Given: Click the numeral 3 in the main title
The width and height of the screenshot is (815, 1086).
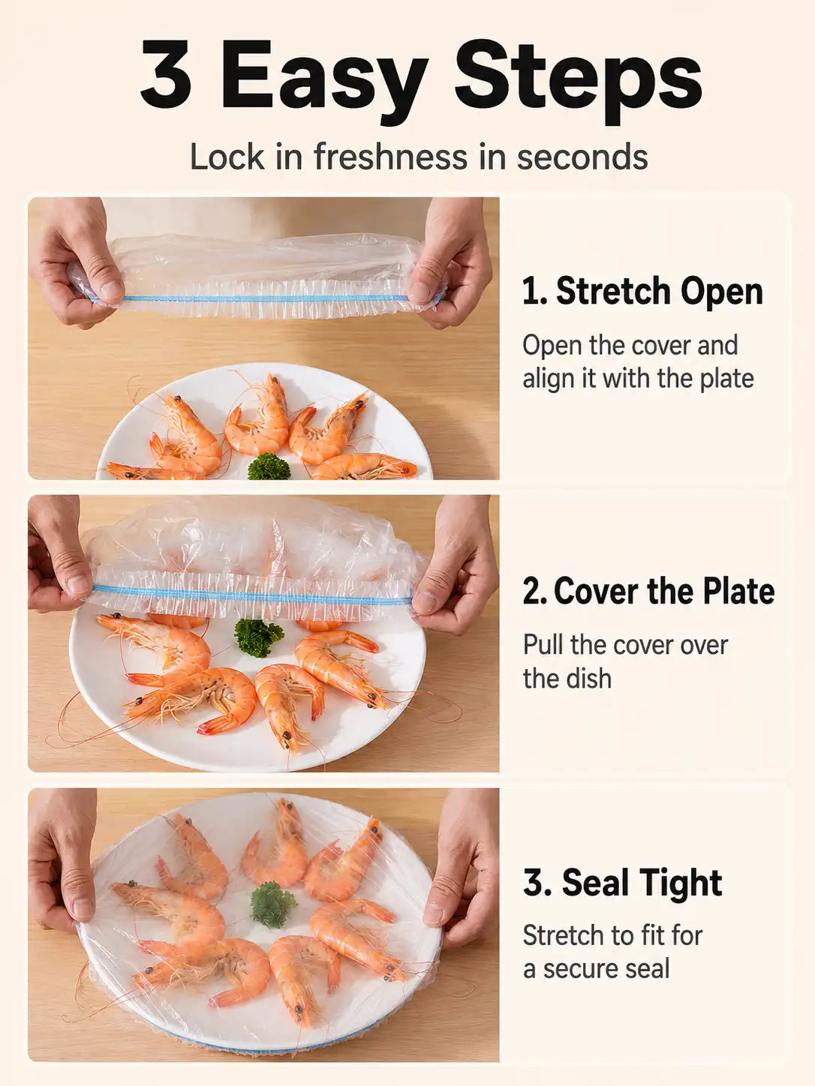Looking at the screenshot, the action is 165,74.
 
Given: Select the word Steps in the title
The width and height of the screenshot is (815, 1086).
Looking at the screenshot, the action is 579,80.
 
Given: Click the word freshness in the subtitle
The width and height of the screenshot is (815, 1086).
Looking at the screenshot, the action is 390,156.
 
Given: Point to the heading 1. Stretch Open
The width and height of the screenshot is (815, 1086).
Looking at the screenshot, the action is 643,291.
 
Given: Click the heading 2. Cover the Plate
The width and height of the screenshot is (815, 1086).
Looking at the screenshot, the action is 648,591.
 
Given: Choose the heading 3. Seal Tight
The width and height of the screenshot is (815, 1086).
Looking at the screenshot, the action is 623,883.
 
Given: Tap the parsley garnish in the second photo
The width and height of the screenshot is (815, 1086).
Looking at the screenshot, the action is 258,637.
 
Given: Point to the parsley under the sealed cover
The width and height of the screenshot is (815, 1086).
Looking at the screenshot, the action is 272,906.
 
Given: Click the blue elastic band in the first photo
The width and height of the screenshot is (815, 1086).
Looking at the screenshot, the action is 265,298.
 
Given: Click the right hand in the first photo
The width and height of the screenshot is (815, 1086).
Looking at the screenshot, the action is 451,262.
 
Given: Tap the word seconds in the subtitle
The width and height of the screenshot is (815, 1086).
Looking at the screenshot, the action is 582,156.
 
